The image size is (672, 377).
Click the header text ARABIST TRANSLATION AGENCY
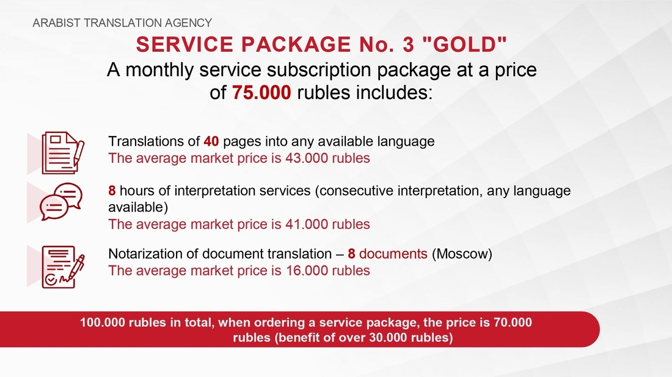pyautogui.click(x=122, y=23)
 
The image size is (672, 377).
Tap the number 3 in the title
pyautogui.click(x=409, y=45)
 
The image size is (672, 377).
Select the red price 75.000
pyautogui.click(x=261, y=93)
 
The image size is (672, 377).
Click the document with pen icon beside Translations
pyautogui.click(x=63, y=153)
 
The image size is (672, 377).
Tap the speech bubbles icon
pyautogui.click(x=61, y=201)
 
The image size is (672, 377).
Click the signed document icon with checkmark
pyautogui.click(x=63, y=267)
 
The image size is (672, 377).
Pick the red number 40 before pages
pyautogui.click(x=211, y=141)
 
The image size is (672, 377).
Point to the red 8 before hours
pyautogui.click(x=112, y=190)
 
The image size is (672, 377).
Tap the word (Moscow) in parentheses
pyautogui.click(x=462, y=254)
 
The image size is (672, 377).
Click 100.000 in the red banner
pyautogui.click(x=102, y=322)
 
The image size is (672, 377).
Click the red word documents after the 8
pyautogui.click(x=393, y=254)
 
